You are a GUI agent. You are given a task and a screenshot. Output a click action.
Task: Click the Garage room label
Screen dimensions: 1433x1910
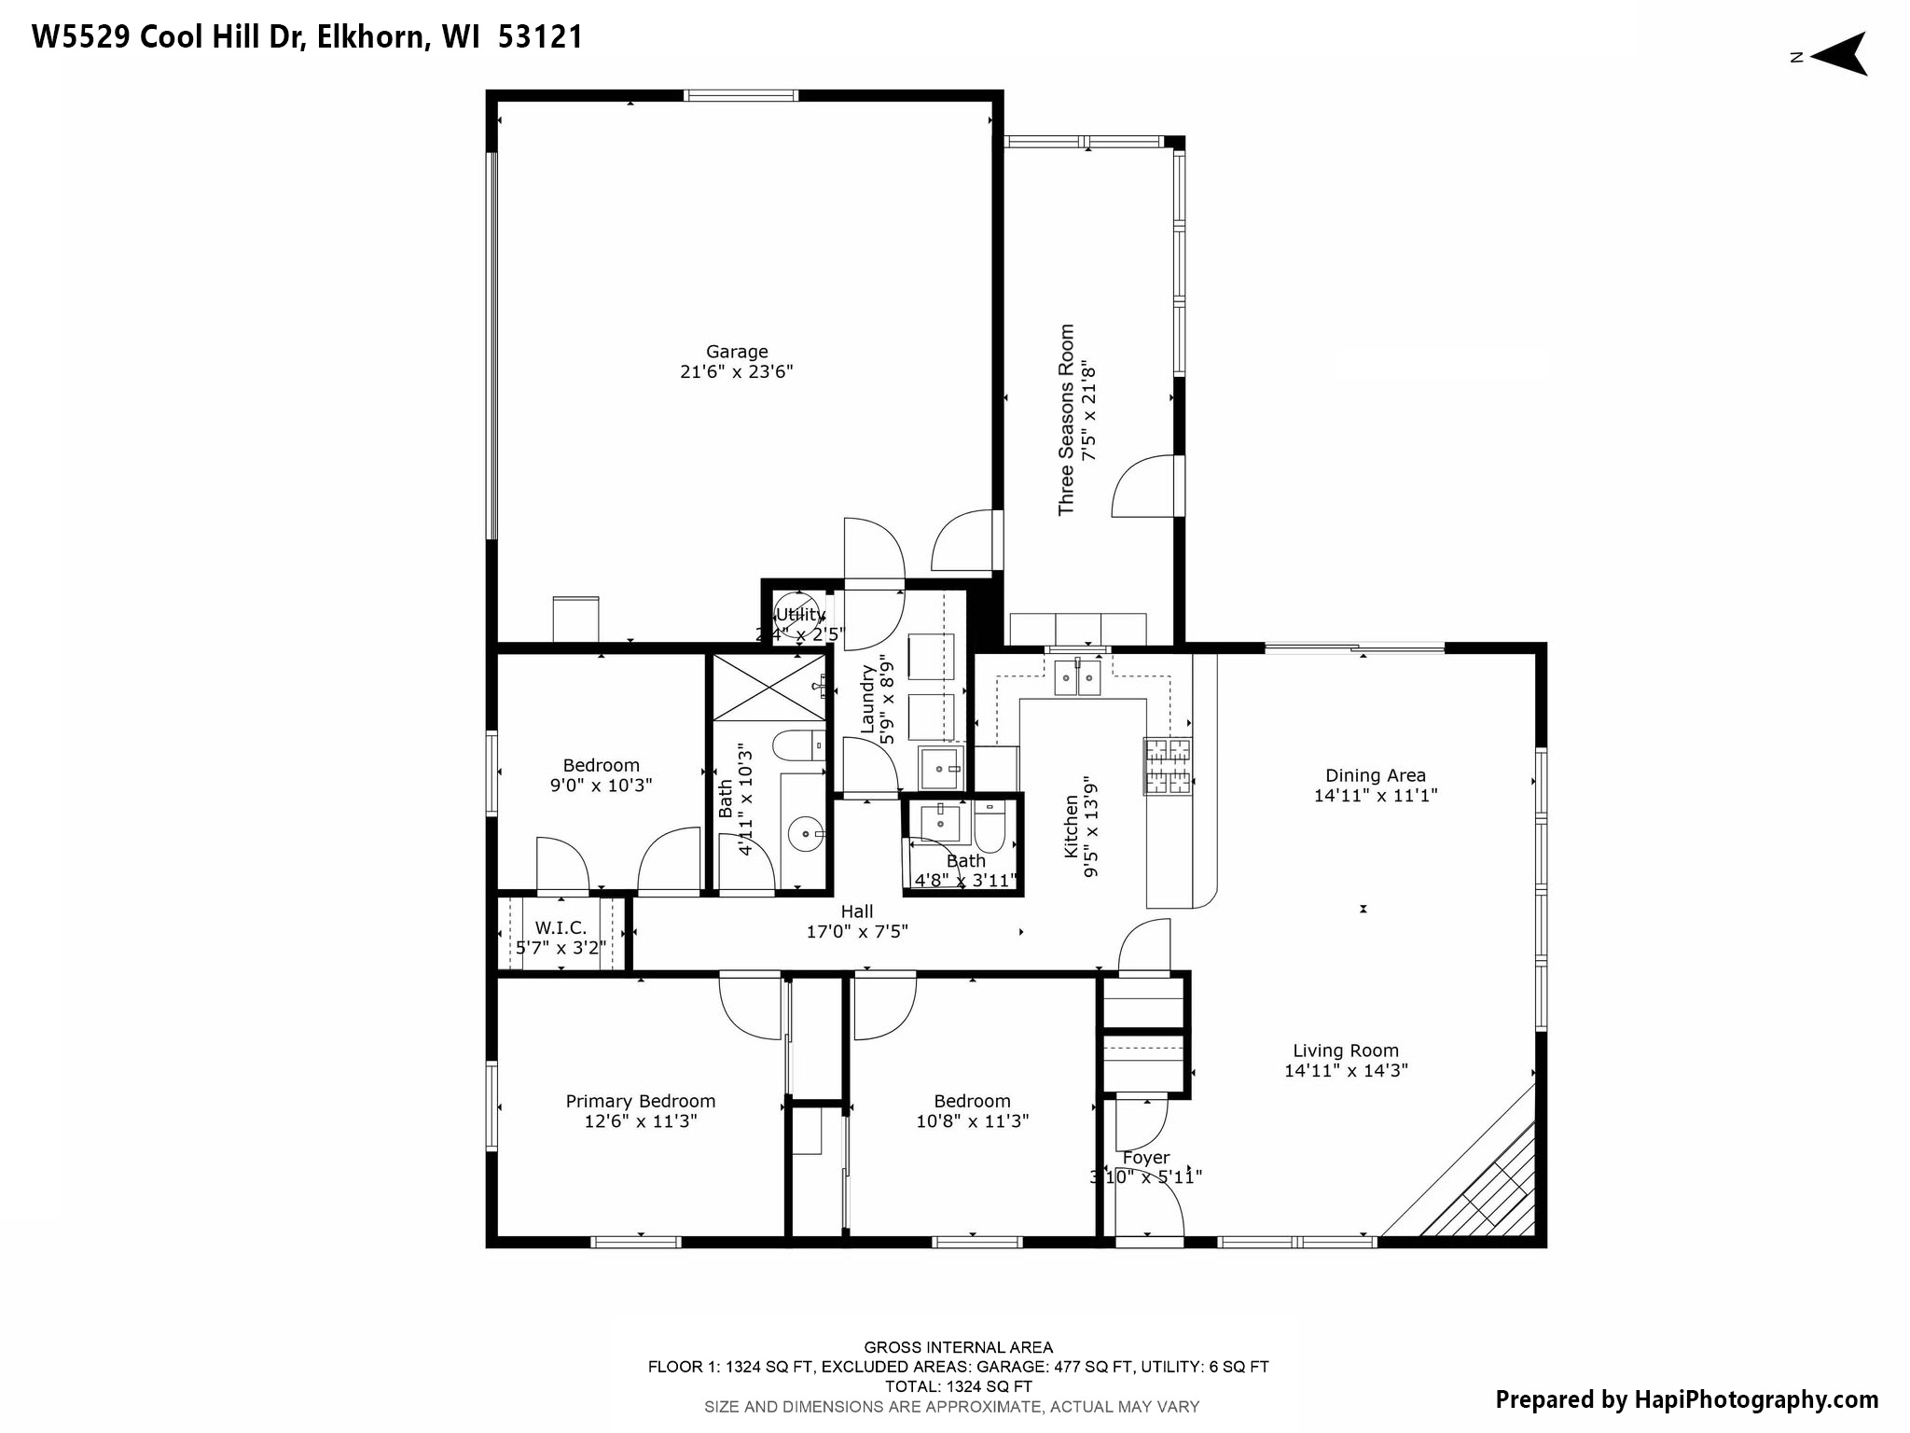[x=737, y=352]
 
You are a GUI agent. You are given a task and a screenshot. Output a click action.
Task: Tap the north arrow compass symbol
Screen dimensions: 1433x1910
[x=1837, y=55]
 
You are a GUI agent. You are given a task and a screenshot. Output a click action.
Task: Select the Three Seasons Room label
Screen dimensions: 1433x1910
[x=1066, y=420]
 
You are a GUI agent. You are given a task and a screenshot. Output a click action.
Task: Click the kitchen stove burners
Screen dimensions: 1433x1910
[x=1168, y=766]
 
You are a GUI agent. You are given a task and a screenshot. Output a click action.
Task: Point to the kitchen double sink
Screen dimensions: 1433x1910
[x=1077, y=677]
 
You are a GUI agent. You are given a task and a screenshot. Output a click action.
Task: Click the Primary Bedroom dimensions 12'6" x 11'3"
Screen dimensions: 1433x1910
[x=641, y=1121]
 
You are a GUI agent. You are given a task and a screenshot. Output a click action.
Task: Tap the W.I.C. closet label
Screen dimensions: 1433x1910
[x=561, y=928]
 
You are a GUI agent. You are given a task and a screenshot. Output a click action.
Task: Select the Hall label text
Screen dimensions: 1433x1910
[x=857, y=911]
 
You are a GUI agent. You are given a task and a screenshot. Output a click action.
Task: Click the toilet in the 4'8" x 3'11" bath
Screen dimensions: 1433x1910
[x=990, y=828]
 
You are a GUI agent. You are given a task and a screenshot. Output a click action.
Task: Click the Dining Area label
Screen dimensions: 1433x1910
[x=1376, y=775]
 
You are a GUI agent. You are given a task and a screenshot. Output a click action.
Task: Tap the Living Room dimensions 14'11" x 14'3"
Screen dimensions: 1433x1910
[x=1346, y=1071]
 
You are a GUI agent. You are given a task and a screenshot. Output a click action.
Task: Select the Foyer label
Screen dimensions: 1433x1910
[x=1146, y=1158]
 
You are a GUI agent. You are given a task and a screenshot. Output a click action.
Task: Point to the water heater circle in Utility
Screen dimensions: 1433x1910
[x=797, y=612]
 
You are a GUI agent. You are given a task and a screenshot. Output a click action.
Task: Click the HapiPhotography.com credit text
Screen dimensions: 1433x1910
[x=1686, y=1399]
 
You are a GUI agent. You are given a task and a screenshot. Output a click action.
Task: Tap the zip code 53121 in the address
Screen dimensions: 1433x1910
[x=541, y=37]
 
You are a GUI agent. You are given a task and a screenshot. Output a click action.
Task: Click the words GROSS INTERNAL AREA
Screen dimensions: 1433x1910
[x=958, y=1347]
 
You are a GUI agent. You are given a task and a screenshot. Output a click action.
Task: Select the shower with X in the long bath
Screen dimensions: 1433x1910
[x=769, y=688]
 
